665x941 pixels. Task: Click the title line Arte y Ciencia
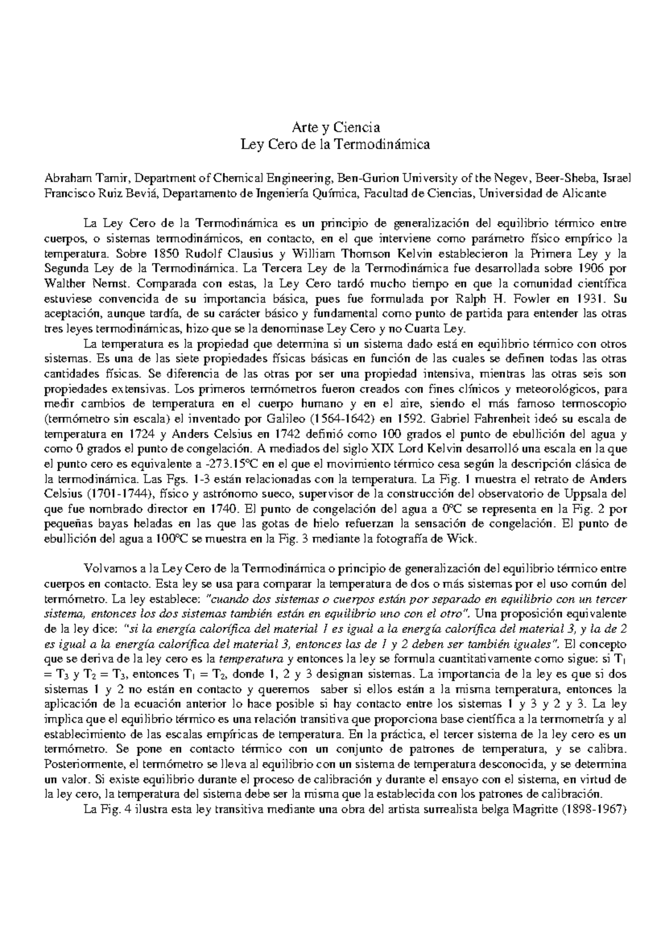coord(332,130)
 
